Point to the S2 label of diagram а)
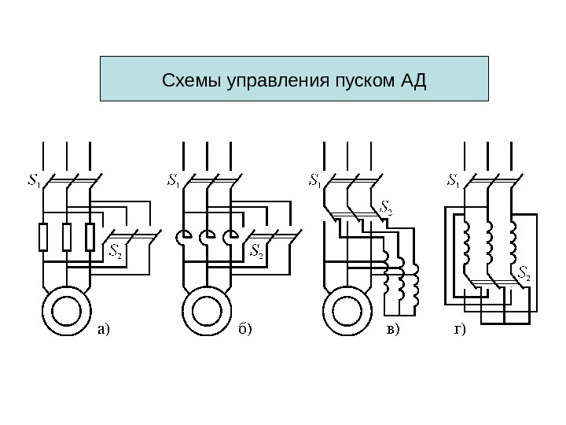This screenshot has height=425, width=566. tap(114, 252)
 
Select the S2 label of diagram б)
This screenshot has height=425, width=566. tap(255, 252)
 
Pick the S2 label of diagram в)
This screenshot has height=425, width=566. tap(387, 209)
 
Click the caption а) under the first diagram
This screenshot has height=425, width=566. tap(105, 328)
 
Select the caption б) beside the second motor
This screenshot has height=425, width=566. tap(245, 328)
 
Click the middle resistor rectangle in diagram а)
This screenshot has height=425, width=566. tap(67, 237)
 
